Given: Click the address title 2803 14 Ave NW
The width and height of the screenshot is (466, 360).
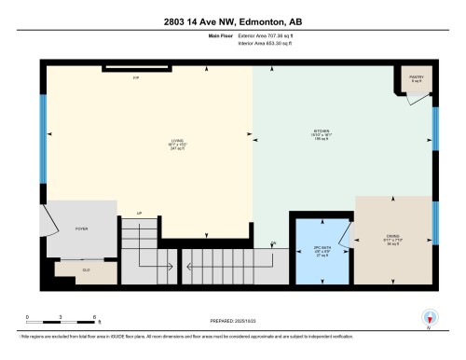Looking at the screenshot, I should pos(233,21).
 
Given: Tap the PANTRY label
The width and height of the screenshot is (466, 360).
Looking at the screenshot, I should pos(416,78).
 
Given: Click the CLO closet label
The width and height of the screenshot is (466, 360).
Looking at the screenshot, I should pos(86,269).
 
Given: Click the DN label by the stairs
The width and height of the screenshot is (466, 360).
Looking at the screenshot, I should pos(273,243).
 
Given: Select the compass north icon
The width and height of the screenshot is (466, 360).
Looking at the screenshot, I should pos(429,317).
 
